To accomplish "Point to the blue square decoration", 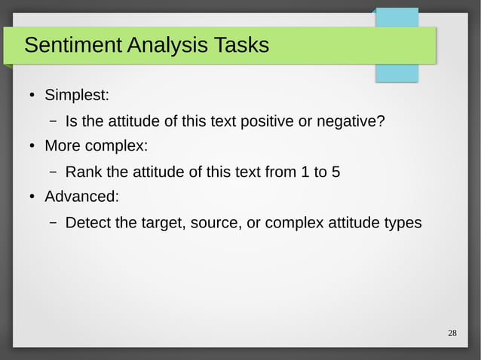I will click(x=397, y=44).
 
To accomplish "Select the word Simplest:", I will click(x=77, y=96).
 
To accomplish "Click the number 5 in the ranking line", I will click(x=335, y=172).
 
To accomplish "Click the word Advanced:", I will click(x=81, y=197).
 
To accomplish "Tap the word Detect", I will click(x=87, y=223).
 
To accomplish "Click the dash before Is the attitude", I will click(x=54, y=121).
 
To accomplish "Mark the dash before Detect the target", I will click(x=54, y=223).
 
